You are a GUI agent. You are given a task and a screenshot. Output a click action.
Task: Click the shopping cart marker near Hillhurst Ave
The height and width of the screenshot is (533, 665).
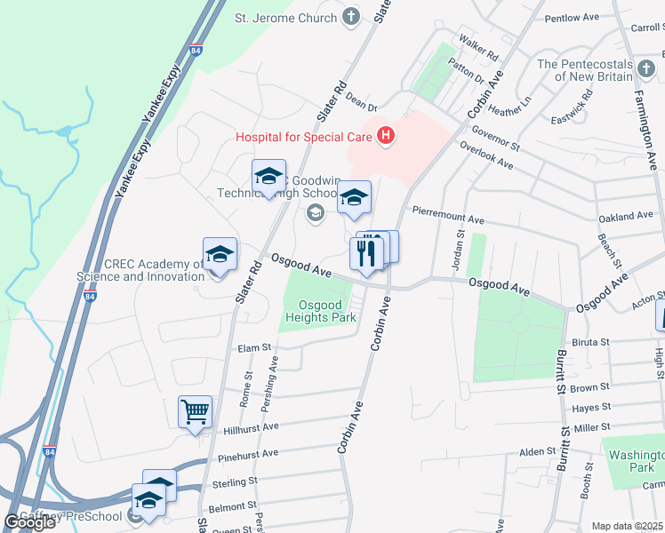click(x=196, y=412)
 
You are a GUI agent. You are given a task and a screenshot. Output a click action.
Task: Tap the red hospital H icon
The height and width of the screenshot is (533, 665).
click(x=386, y=136)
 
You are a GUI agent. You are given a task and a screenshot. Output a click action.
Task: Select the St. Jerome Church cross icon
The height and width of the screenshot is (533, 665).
click(x=352, y=16)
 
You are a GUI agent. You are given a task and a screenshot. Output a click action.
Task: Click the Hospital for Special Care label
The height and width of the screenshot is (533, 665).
click(x=303, y=136)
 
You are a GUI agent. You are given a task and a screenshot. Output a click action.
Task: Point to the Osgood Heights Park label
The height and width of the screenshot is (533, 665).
click(x=321, y=310)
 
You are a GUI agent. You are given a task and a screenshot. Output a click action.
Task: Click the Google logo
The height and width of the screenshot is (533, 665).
click(x=29, y=522)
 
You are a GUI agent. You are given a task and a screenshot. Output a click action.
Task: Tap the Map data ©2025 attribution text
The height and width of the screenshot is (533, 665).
click(x=628, y=526)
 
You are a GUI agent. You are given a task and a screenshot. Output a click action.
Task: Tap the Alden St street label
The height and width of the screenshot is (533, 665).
click(x=537, y=452)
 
